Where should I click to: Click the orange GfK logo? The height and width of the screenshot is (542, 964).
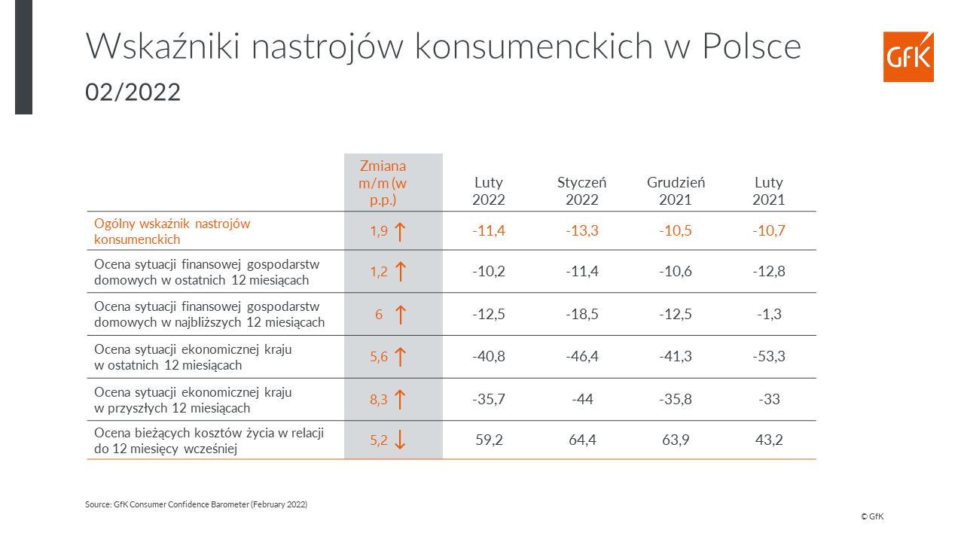click(x=908, y=56)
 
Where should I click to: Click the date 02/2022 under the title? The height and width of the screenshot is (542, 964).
click(x=133, y=92)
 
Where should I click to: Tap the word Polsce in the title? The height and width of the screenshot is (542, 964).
click(x=752, y=46)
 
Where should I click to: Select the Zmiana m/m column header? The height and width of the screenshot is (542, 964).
click(x=383, y=183)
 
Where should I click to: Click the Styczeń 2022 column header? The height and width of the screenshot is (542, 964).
click(x=582, y=191)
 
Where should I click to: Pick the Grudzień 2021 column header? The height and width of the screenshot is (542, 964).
click(x=676, y=191)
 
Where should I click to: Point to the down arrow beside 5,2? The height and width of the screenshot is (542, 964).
click(x=400, y=440)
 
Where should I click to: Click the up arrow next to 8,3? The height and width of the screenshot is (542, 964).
click(x=400, y=399)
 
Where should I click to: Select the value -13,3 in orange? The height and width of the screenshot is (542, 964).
click(x=582, y=230)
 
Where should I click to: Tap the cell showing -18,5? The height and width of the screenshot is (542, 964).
click(x=582, y=314)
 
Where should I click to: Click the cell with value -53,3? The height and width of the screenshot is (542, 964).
click(x=769, y=356)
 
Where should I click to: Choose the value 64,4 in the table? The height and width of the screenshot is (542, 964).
click(x=582, y=440)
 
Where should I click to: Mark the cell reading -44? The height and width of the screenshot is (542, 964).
click(x=582, y=399)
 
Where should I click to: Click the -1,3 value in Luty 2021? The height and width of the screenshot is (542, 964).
click(x=769, y=314)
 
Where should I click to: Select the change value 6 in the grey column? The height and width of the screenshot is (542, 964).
click(x=379, y=315)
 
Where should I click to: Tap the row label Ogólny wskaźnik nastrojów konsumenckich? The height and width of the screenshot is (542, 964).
click(x=172, y=231)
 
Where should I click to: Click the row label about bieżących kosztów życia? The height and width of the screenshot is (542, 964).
click(x=209, y=440)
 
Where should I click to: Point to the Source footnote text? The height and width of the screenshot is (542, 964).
click(x=197, y=504)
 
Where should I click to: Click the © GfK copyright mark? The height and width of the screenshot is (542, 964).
click(x=872, y=516)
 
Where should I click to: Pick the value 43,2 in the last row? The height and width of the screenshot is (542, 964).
click(x=769, y=440)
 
